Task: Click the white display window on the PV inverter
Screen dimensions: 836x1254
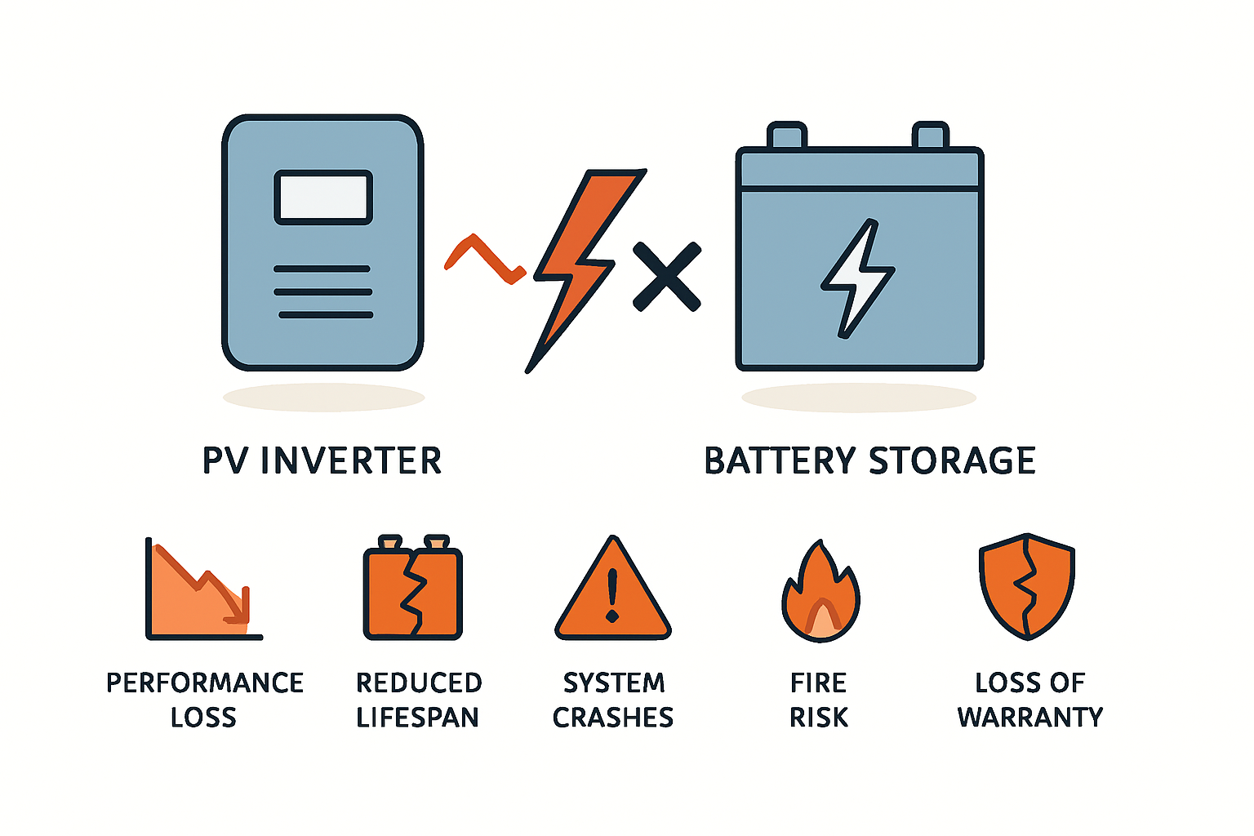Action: point(323,197)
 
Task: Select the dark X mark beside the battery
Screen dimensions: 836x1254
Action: point(667,276)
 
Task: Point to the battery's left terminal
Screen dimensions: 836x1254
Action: point(787,136)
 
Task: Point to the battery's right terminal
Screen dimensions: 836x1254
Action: point(930,136)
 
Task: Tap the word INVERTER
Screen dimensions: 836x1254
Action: point(351,461)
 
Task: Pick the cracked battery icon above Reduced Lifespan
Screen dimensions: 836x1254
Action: point(413,588)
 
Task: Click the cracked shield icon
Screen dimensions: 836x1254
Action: point(1027,586)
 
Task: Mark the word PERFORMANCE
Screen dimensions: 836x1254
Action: point(205,683)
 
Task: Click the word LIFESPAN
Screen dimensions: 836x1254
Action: point(417,718)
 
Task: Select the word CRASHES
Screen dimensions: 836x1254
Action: point(613,718)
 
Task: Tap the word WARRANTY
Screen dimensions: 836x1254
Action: point(1029,718)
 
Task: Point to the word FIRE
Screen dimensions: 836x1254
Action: point(819,683)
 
